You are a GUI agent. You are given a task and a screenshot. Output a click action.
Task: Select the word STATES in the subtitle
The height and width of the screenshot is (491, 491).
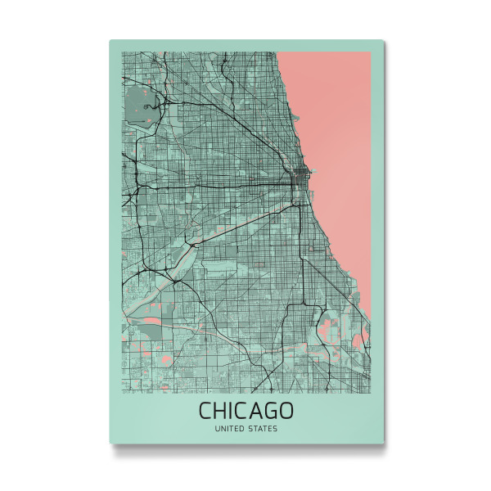tap(264, 427)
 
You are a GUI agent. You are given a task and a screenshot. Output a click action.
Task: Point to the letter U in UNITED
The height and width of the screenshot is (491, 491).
tap(216, 427)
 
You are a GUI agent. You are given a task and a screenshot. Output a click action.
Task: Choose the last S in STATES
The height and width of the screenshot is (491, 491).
tap(276, 427)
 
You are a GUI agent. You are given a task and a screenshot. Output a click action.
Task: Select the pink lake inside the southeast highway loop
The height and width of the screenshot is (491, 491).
tap(332, 331)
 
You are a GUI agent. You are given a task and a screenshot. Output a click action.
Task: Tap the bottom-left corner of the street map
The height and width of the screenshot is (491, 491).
tap(122, 392)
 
